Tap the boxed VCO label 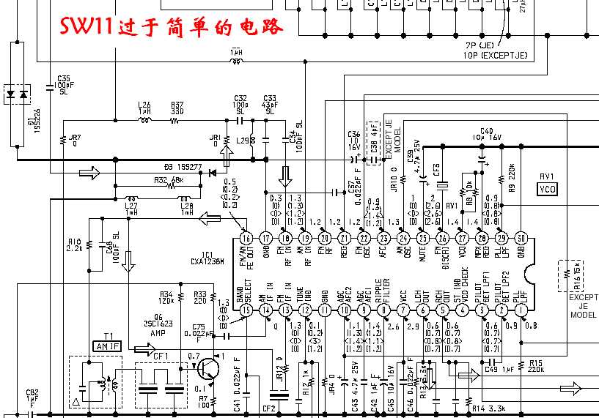tap(547, 190)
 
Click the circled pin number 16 tap(246, 238)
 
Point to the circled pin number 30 tap(521, 238)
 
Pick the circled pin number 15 tap(246, 310)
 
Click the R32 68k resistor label tap(168, 179)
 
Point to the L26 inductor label tap(144, 105)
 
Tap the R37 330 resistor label tap(177, 108)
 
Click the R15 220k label tap(534, 366)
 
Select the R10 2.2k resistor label tap(74, 245)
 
